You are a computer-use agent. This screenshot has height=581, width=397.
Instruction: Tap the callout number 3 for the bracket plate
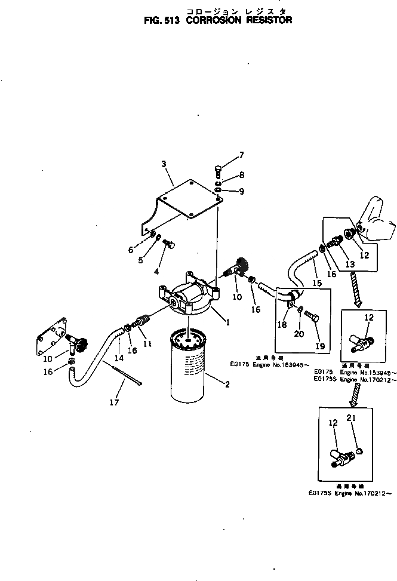(x=164, y=163)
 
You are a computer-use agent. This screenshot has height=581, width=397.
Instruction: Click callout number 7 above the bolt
(x=242, y=155)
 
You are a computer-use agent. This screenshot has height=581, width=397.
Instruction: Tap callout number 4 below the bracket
(x=156, y=271)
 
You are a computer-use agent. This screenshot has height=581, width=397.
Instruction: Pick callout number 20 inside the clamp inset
(x=298, y=333)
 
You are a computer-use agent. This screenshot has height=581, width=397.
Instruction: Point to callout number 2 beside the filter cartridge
(x=227, y=385)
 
